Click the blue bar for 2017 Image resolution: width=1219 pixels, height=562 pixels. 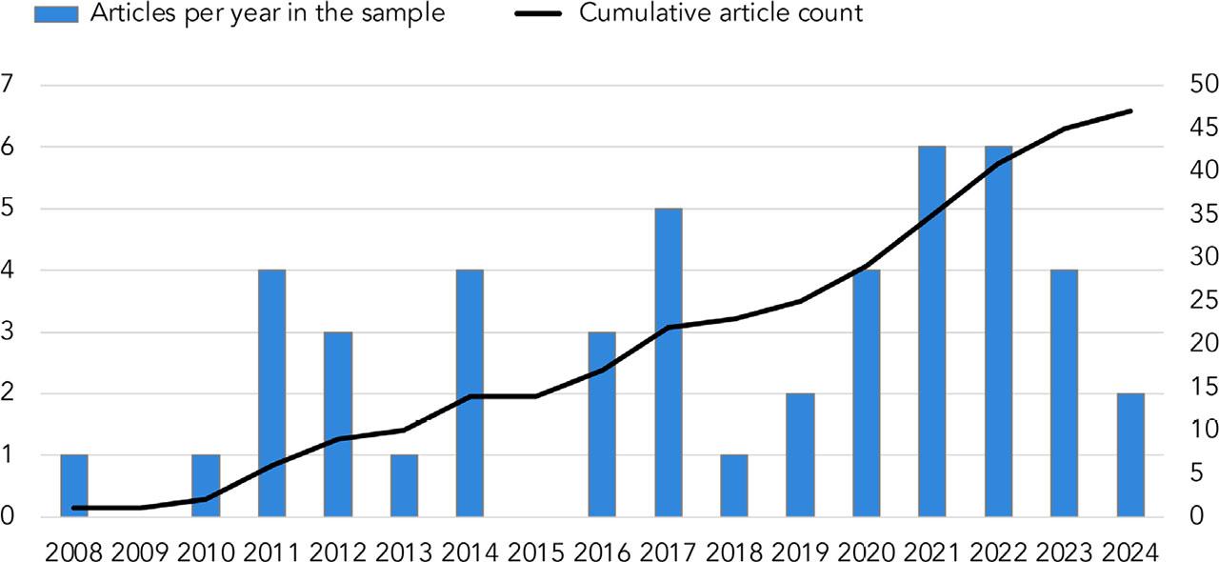point(668,362)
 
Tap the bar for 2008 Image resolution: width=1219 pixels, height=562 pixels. point(74,486)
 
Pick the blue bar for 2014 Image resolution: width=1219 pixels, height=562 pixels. point(470,392)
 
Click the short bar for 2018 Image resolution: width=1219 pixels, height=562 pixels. point(734,486)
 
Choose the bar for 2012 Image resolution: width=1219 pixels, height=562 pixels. point(338,424)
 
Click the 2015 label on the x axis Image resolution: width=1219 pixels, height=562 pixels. point(536,551)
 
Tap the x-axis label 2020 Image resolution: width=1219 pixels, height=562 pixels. point(867,551)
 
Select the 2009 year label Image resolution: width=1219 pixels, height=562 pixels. point(140,551)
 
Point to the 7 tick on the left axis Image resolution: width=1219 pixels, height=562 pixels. point(9,85)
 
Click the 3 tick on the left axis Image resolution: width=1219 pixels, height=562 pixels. point(9,331)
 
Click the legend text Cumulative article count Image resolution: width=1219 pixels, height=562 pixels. point(722,13)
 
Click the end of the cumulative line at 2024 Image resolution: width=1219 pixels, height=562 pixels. point(1130,111)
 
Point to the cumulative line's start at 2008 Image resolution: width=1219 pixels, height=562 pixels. point(74,508)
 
